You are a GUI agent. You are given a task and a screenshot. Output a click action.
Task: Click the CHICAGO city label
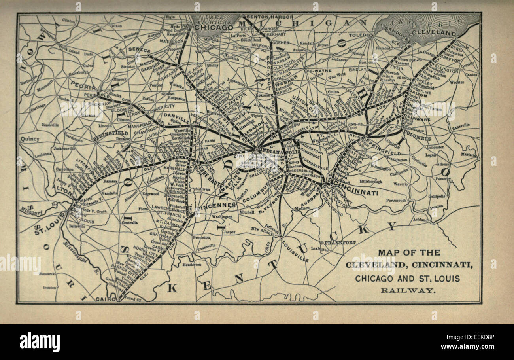click(x=214, y=28)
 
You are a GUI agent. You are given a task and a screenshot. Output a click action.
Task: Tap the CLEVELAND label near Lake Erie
click(x=434, y=33)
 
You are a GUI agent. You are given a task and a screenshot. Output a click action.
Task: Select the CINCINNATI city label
click(x=356, y=193)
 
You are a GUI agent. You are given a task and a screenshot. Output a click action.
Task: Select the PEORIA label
click(x=83, y=86)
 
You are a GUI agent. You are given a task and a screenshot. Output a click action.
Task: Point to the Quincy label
click(x=30, y=139)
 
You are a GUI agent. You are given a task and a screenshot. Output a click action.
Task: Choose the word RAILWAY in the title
click(x=408, y=290)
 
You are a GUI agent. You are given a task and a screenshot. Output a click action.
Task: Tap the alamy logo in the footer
click(x=40, y=342)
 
